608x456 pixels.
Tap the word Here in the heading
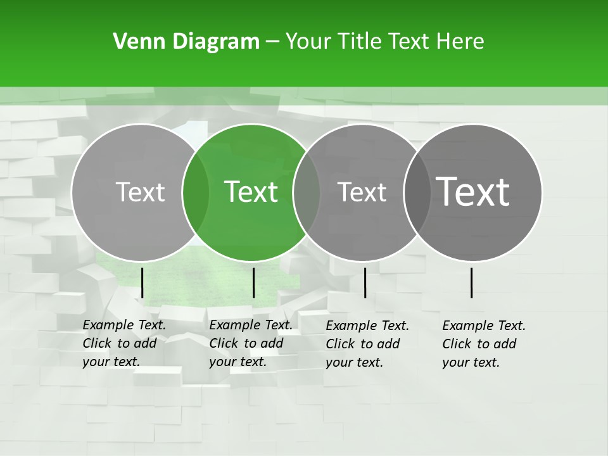460,42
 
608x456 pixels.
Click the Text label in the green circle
251,192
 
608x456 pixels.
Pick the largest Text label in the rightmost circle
472,191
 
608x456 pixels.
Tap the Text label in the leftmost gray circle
140,192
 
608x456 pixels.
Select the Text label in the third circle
362,192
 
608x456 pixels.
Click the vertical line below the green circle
253,282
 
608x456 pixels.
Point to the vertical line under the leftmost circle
142,282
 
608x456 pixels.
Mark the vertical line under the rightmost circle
472,282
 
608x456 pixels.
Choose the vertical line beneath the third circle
365,282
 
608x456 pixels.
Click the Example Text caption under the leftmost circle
123,343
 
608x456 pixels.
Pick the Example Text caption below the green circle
250,343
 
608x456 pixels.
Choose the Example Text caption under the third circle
367,344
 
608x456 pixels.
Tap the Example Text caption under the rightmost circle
483,344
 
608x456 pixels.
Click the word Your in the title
308,42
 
